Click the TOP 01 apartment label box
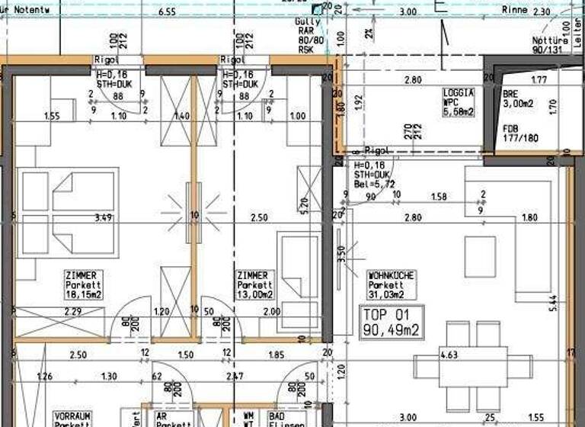click(392, 322)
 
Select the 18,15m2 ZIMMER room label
click(84, 284)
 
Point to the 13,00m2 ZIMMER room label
click(254, 284)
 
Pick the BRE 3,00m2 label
click(519, 99)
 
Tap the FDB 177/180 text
click(520, 133)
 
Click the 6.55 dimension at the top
click(168, 12)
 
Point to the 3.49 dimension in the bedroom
click(102, 217)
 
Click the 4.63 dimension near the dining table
click(449, 354)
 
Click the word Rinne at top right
click(515, 11)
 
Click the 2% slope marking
click(369, 33)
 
